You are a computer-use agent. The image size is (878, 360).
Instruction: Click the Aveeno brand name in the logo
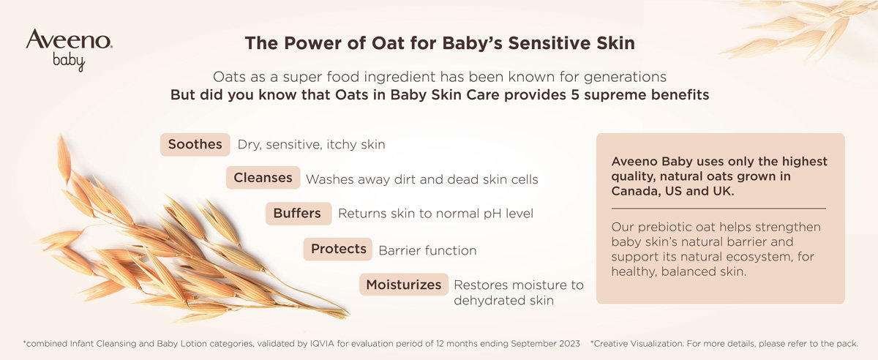tap(69, 40)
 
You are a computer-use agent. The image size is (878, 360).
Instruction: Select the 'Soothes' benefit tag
tap(195, 144)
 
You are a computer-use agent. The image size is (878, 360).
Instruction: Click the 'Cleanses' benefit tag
tap(263, 178)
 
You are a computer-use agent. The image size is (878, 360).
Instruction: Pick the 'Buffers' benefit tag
tap(299, 214)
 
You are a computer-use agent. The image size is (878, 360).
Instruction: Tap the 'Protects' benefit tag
tap(337, 249)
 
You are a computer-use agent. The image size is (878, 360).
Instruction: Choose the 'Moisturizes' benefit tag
tap(404, 285)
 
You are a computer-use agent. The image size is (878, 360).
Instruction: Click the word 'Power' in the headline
tap(312, 43)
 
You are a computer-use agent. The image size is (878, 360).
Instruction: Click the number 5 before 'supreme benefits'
tap(574, 95)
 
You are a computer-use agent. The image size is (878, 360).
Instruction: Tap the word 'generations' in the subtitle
tap(625, 78)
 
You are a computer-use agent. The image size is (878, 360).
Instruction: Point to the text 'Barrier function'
tap(427, 250)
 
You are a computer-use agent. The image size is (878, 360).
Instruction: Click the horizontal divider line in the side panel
tap(718, 209)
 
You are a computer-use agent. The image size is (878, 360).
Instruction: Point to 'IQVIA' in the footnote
tap(322, 343)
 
